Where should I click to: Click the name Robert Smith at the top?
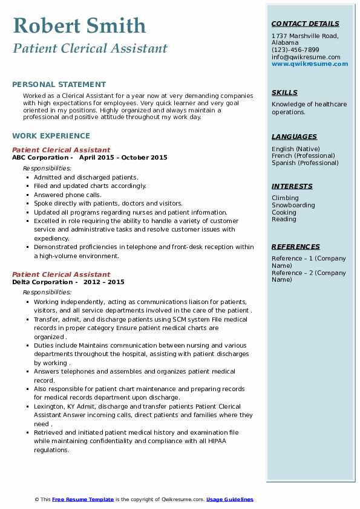79,25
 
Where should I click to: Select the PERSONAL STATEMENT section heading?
59,85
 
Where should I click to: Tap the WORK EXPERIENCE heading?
51,136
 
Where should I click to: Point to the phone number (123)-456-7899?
295,50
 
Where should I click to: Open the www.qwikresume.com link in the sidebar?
310,63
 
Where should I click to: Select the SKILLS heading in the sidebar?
284,92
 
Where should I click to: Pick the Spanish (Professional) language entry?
306,163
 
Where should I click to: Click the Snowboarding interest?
293,205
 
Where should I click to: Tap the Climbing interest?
285,198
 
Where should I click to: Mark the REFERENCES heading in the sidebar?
296,247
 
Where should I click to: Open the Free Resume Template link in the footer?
83,499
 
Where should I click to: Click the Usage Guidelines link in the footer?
230,499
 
